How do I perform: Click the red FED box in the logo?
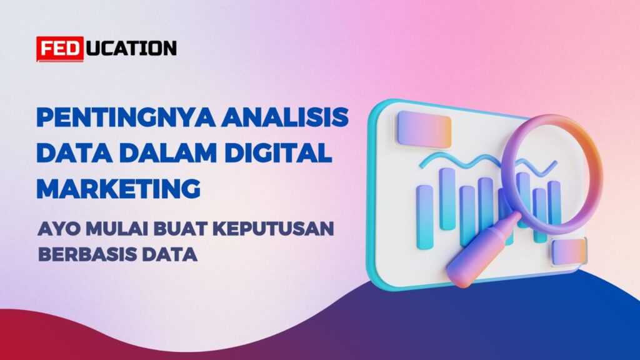(x=60, y=49)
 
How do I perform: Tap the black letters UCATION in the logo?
(x=132, y=48)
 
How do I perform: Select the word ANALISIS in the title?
(x=285, y=117)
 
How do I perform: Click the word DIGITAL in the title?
(x=278, y=152)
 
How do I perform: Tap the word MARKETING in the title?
(x=118, y=188)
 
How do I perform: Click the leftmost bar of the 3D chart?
(x=424, y=217)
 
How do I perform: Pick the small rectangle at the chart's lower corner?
(x=569, y=252)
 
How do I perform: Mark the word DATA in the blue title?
(x=75, y=152)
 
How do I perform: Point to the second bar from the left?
(x=447, y=199)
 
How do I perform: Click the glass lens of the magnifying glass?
(x=552, y=174)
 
